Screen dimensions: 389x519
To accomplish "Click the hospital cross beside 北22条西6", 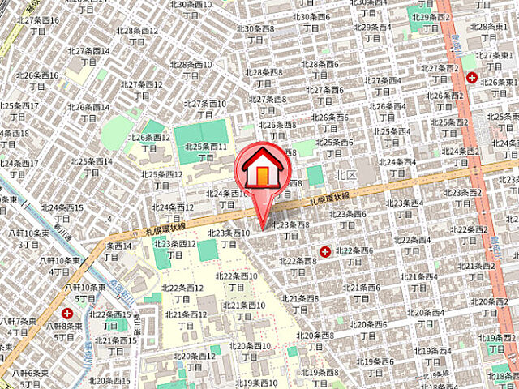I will [326, 252].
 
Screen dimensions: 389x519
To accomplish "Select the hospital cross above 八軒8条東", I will [66, 312].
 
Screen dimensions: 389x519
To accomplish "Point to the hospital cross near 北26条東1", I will [471, 78].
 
